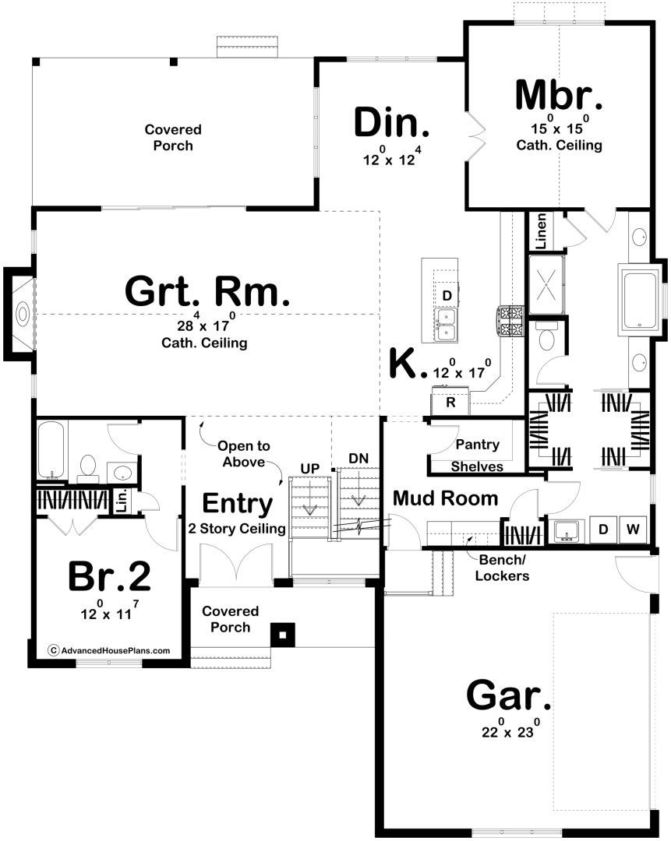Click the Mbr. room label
point(558,95)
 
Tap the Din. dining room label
point(392,123)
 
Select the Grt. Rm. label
point(207,291)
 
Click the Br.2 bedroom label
point(110,576)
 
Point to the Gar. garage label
point(508,695)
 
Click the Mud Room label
point(446,498)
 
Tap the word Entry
point(237,504)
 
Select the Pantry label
point(477,445)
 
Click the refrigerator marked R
point(450,403)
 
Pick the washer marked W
point(633,530)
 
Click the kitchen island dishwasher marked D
point(447,296)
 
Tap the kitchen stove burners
point(510,322)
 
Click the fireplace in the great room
point(22,314)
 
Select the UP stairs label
point(309,469)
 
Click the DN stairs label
point(358,459)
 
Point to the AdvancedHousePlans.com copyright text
point(110,650)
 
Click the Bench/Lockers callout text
point(502,568)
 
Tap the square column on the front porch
point(283,635)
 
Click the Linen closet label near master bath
point(541,231)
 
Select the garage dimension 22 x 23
point(510,730)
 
